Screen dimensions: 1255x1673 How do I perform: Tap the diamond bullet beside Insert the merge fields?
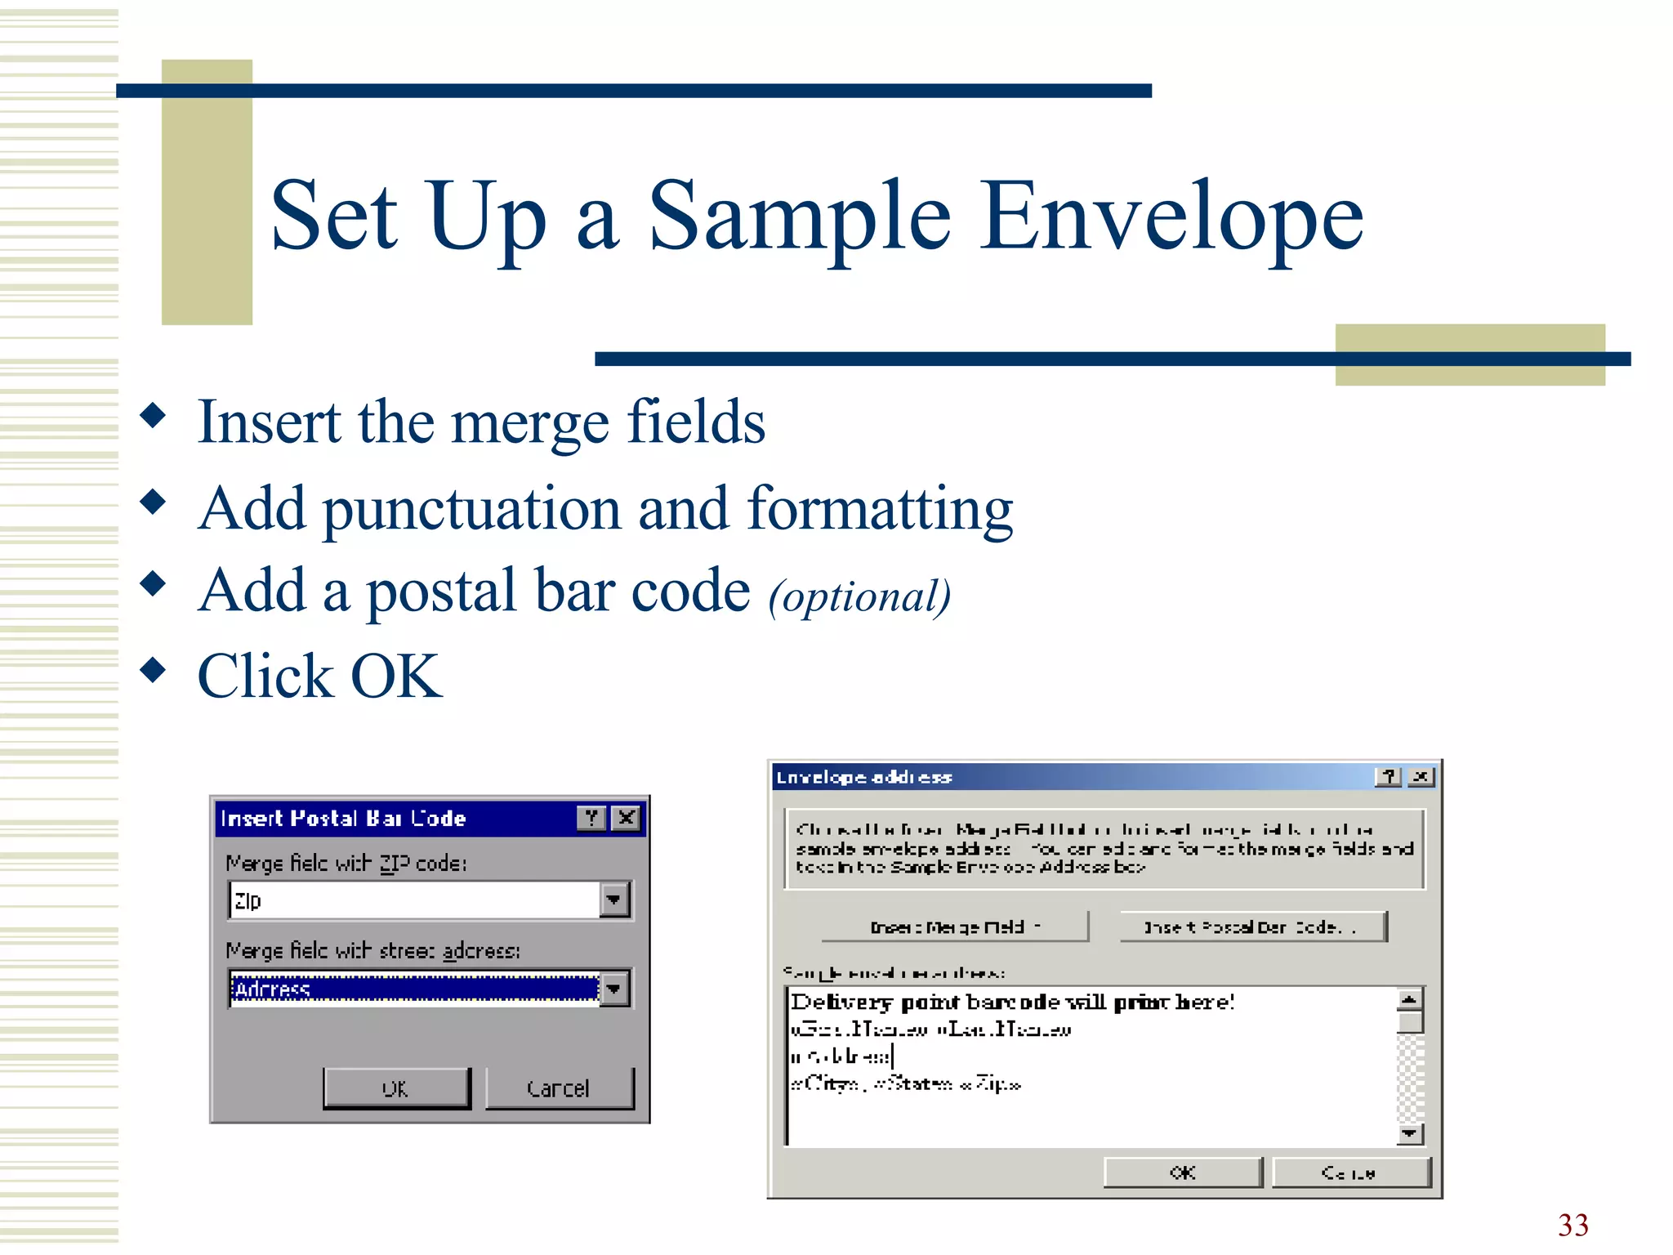click(x=153, y=415)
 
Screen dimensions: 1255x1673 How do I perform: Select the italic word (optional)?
click(x=859, y=596)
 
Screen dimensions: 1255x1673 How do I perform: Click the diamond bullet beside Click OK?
click(x=153, y=670)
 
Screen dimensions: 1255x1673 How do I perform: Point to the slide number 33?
click(x=1573, y=1225)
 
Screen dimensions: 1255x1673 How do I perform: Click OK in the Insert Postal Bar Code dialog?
click(x=396, y=1088)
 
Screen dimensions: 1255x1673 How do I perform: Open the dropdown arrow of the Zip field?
click(x=613, y=900)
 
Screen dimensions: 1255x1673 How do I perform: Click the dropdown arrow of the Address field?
click(x=613, y=989)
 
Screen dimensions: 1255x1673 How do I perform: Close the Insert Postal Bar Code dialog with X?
click(x=627, y=818)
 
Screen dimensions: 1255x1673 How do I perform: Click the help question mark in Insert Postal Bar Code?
click(x=591, y=818)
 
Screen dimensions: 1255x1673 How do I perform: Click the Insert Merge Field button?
click(x=954, y=927)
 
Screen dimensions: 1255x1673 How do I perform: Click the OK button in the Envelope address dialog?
click(x=1182, y=1172)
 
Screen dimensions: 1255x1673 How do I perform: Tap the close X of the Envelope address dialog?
click(x=1421, y=777)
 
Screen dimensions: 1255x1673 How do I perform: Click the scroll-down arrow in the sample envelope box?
click(x=1410, y=1133)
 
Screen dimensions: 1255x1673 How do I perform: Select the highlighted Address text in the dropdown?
click(x=273, y=989)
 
